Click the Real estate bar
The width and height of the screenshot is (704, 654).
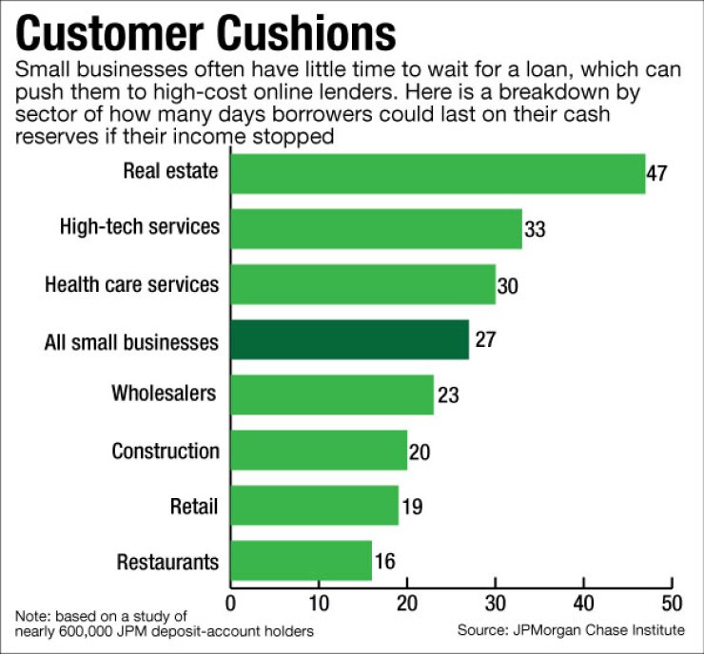point(438,173)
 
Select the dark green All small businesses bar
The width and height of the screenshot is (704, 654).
point(349,339)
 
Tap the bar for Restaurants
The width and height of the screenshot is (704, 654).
point(301,561)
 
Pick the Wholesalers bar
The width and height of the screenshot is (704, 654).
point(332,394)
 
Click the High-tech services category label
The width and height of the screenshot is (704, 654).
point(139,228)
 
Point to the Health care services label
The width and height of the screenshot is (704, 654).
point(131,284)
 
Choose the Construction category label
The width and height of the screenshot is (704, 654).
point(166,451)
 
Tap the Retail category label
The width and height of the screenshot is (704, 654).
point(193,506)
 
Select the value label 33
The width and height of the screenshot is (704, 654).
point(536,229)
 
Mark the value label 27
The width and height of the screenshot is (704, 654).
point(483,339)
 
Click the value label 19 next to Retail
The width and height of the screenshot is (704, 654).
point(412,507)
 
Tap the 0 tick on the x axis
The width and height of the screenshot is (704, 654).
point(231,604)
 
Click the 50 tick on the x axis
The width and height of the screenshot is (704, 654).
point(671,604)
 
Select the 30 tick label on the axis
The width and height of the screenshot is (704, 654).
point(495,604)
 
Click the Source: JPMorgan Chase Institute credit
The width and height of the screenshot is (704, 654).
point(571,630)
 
